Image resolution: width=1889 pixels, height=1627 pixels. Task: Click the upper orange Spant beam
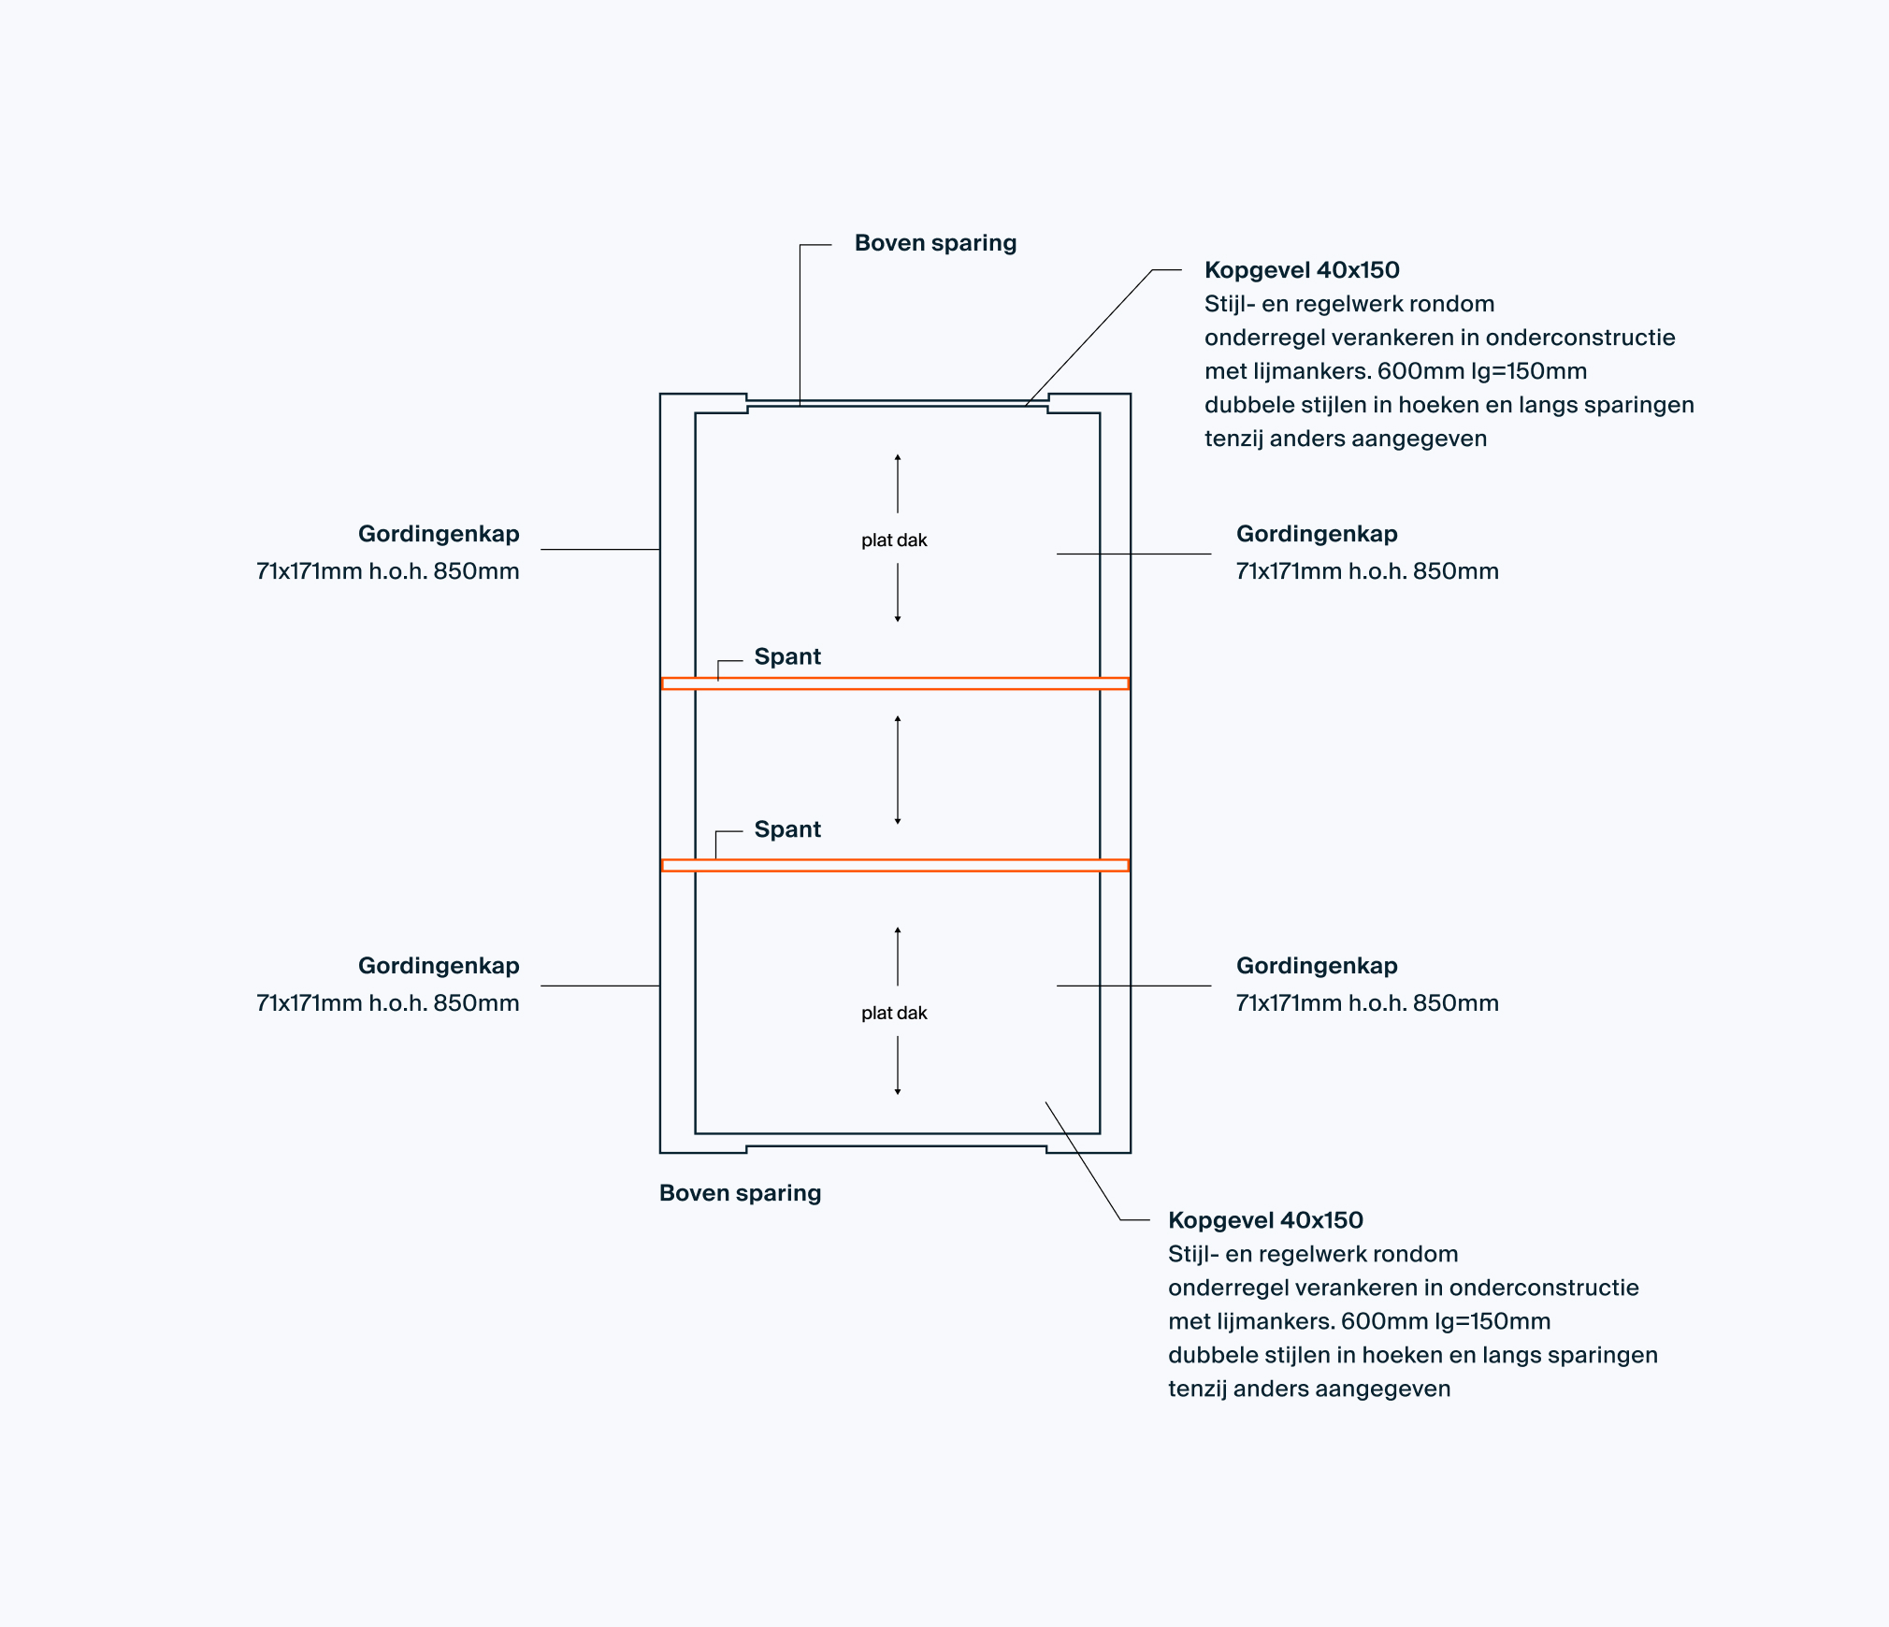[895, 684]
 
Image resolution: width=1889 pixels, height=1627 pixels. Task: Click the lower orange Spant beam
[895, 865]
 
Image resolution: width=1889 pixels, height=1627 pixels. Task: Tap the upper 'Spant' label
[787, 656]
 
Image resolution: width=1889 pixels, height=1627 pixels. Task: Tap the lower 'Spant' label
[787, 829]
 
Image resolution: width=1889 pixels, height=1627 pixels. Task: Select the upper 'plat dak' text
[894, 540]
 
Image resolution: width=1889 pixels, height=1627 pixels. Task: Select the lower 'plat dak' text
[894, 1013]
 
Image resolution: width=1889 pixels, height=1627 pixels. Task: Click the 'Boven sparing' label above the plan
[935, 243]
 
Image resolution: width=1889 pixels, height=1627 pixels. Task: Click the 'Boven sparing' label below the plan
[740, 1193]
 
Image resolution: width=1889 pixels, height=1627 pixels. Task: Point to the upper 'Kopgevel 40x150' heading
[1302, 270]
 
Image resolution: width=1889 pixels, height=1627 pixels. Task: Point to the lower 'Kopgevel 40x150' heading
[1265, 1220]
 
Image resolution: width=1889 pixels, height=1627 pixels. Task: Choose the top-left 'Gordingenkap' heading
[439, 534]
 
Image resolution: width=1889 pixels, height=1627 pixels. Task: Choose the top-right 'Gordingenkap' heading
[1317, 534]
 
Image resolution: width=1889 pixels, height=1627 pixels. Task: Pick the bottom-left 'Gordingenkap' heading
[439, 966]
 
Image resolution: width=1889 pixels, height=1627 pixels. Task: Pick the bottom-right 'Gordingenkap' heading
[1317, 966]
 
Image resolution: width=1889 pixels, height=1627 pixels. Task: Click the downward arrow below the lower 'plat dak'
[898, 1066]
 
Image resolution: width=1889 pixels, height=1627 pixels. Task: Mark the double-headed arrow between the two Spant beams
[898, 770]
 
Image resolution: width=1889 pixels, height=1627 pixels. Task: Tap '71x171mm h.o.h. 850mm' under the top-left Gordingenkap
[387, 571]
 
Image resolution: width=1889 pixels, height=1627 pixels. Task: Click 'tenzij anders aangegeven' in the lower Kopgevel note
[1309, 1389]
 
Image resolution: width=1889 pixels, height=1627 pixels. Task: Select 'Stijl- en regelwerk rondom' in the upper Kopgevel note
[1349, 304]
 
